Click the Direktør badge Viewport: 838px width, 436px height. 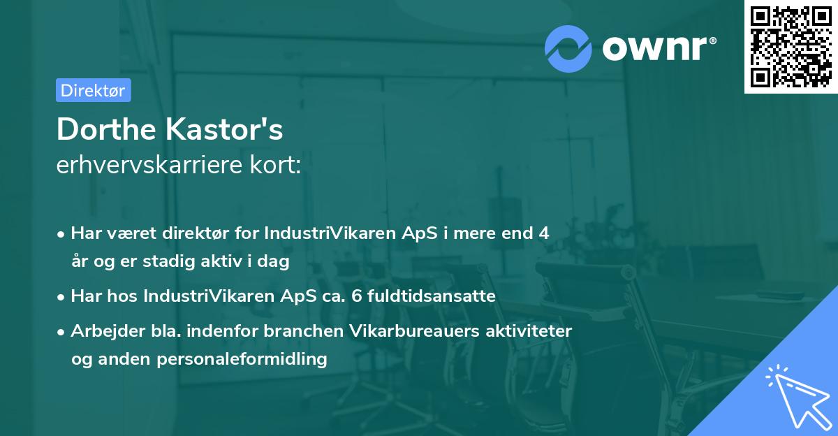[x=93, y=90]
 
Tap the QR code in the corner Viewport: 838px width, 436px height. [x=791, y=46]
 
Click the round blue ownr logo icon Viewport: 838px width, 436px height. [x=568, y=48]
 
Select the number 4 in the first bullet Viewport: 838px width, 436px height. [x=543, y=233]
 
